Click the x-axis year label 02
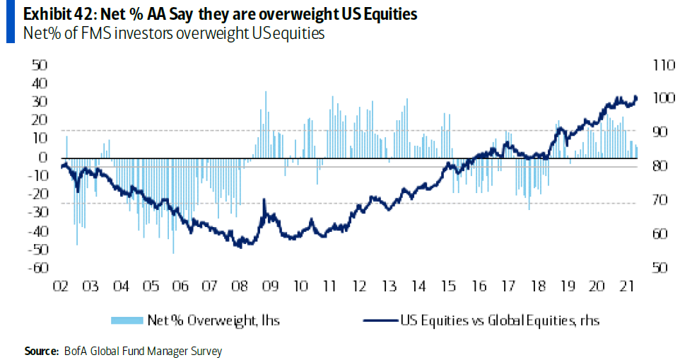(x=59, y=286)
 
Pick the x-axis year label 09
(x=269, y=286)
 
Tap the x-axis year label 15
(x=449, y=286)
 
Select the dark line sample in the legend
(x=380, y=320)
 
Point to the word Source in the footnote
(x=40, y=351)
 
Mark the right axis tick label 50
(x=658, y=268)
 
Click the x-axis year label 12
(x=359, y=286)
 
